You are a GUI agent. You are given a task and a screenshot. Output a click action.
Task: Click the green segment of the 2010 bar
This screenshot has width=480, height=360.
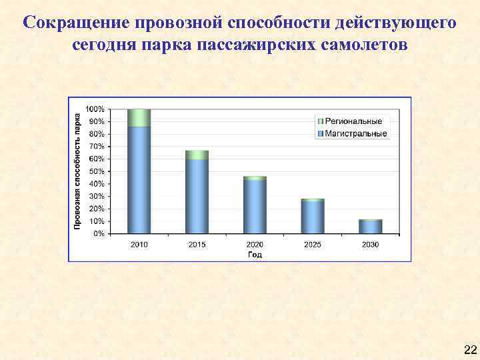point(139,118)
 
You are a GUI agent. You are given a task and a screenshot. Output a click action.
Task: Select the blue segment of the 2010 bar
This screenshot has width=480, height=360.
point(139,180)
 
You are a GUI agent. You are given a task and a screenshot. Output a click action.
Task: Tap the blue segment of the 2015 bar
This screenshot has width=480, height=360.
point(197,197)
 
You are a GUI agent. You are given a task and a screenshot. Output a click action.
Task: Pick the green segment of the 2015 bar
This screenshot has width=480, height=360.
point(197,155)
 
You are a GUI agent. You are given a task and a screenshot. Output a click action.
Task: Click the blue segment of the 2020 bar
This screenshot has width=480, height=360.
point(255,207)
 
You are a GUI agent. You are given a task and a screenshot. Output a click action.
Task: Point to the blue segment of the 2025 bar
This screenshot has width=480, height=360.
point(312,217)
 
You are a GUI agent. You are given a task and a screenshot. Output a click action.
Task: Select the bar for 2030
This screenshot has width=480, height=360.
point(370,227)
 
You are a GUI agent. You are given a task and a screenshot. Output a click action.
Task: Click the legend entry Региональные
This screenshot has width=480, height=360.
point(353,121)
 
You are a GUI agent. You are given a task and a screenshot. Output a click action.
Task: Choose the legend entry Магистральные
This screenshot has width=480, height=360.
point(353,133)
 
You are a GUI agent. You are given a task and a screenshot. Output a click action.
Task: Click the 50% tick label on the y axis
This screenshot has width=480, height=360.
point(97,171)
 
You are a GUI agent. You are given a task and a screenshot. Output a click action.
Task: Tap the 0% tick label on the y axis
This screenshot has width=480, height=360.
point(99,233)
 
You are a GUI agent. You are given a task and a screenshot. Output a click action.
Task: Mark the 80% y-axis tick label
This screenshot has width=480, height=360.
point(97,133)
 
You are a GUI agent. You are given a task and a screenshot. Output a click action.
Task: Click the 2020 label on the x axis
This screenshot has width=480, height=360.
point(255,245)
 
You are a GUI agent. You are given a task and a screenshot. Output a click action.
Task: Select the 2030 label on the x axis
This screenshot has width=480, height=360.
point(370,245)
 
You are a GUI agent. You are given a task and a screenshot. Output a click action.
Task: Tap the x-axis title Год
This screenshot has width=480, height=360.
point(255,254)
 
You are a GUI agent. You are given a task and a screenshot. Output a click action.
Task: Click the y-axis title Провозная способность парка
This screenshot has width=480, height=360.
point(77,171)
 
